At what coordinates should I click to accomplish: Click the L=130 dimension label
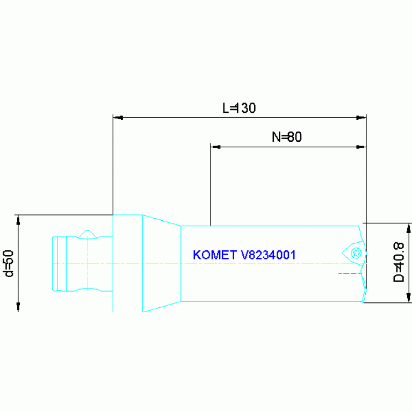click(x=239, y=108)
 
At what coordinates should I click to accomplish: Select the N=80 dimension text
click(x=287, y=137)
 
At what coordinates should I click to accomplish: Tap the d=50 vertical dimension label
click(x=9, y=264)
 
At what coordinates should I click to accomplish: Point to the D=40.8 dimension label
click(x=399, y=262)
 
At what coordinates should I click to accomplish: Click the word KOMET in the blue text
click(x=215, y=255)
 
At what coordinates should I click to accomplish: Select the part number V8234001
click(x=268, y=255)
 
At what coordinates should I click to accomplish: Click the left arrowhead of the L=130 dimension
click(x=118, y=118)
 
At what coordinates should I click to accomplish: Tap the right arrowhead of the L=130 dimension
click(x=361, y=118)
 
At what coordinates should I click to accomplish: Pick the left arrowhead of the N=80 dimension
click(x=215, y=147)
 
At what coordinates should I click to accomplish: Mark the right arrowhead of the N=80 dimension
click(x=361, y=147)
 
